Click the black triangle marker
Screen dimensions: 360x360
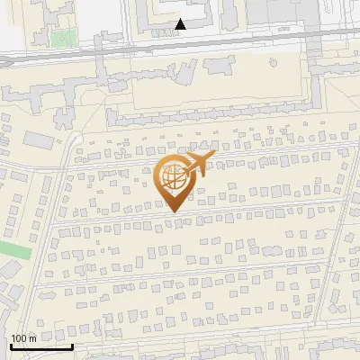(x=181, y=23)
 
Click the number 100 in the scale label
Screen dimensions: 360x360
(x=19, y=337)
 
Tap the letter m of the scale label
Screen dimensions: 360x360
(x=32, y=337)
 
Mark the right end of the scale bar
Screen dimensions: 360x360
(x=72, y=346)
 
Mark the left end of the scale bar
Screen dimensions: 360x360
(x=11, y=346)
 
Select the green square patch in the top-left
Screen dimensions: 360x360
(x=61, y=39)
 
